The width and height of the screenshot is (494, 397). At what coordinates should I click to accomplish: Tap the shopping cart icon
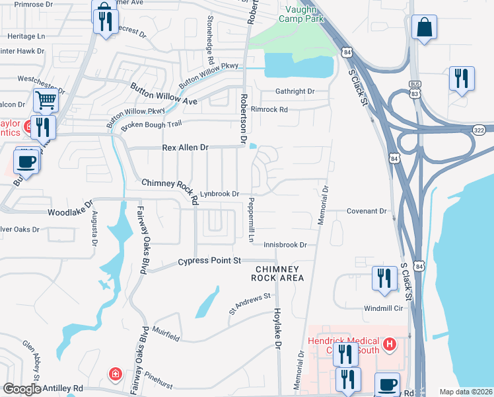point(46,101)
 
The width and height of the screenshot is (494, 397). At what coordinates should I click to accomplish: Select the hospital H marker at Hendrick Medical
point(390,345)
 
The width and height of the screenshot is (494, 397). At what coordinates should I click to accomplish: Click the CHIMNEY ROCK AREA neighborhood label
point(279,273)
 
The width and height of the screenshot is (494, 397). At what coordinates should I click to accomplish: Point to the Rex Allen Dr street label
point(186,148)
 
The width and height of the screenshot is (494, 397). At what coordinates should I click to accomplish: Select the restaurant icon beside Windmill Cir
point(382,278)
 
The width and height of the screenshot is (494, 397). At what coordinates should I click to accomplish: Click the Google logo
point(22,389)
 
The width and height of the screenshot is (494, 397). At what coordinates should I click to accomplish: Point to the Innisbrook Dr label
point(285,245)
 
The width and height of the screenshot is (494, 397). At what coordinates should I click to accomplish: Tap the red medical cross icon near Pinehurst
point(116,375)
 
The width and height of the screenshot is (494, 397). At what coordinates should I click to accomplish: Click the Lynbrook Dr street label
point(219,194)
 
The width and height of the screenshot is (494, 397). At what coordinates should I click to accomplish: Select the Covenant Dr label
point(367,211)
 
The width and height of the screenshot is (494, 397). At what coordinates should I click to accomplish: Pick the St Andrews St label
point(250,304)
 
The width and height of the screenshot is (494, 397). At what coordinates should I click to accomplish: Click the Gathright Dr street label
point(295,91)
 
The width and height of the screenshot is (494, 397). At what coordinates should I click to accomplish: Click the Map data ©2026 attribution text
point(466,392)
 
